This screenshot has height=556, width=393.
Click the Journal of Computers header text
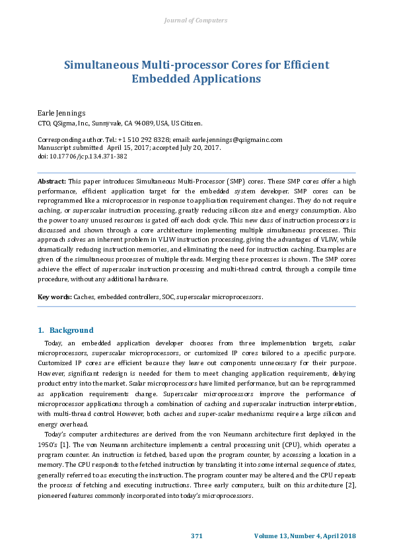[196, 20]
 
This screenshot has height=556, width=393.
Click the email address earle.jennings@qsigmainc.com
[237, 140]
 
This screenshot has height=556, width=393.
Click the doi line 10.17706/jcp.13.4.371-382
[83, 156]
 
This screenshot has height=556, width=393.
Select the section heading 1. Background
[65, 330]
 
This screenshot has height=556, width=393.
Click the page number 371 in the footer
[196, 535]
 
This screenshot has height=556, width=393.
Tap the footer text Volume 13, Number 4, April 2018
[304, 535]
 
